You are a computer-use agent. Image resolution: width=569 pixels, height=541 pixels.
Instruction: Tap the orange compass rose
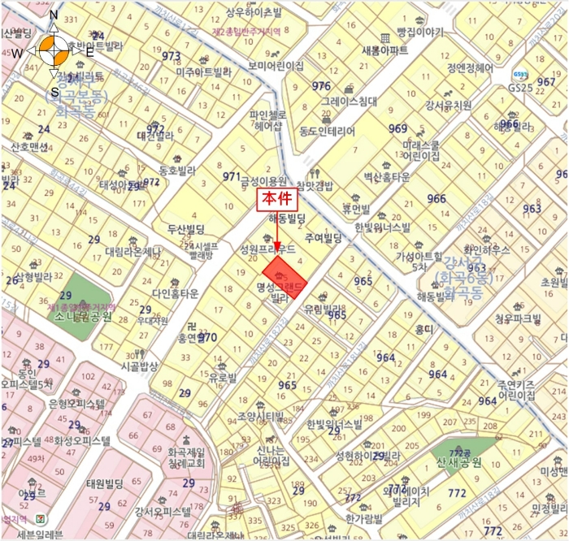click(54, 50)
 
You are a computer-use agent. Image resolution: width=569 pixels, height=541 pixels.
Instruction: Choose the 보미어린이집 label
click(276, 65)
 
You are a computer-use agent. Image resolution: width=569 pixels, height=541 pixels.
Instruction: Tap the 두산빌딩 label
click(188, 229)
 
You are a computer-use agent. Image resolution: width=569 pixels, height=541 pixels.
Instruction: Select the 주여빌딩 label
click(321, 238)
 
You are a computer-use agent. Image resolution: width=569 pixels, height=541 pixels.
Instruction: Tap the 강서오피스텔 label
click(163, 512)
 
